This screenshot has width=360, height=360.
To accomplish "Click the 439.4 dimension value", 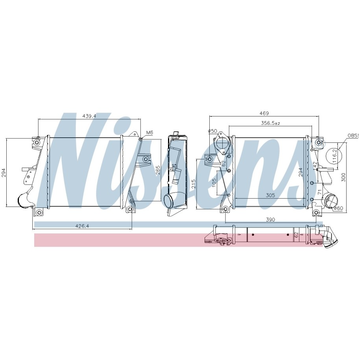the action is click(89, 116).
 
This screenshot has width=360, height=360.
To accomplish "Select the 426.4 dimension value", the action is click(82, 226).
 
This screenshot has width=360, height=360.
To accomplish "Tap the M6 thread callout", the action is click(150, 133).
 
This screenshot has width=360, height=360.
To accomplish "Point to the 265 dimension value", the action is click(158, 170).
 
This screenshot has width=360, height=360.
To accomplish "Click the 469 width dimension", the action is click(264, 113).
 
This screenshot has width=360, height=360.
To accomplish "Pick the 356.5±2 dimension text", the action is click(270, 123).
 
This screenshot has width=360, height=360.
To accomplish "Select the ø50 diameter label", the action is click(212, 131).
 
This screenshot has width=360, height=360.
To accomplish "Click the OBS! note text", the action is click(353, 136).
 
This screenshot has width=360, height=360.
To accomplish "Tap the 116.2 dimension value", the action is click(335, 156).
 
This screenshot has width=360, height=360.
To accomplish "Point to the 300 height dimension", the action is click(343, 177).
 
